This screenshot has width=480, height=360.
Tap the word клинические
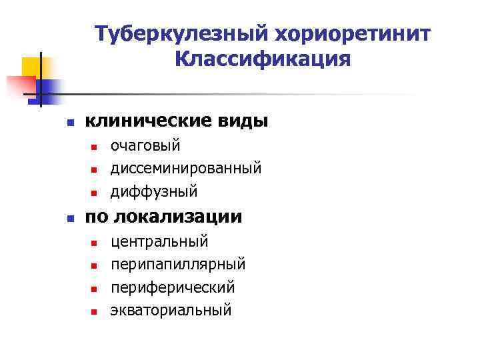(x=147, y=121)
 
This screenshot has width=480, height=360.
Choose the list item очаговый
(x=145, y=145)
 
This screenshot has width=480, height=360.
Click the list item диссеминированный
(x=186, y=168)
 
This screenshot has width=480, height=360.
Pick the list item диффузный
(x=154, y=191)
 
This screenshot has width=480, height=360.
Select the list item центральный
(x=159, y=241)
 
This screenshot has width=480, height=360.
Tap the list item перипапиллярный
(x=178, y=264)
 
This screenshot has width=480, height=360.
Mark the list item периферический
(x=173, y=287)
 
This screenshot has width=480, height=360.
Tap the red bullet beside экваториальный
(x=94, y=311)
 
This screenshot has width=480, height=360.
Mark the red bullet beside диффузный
(x=94, y=193)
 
